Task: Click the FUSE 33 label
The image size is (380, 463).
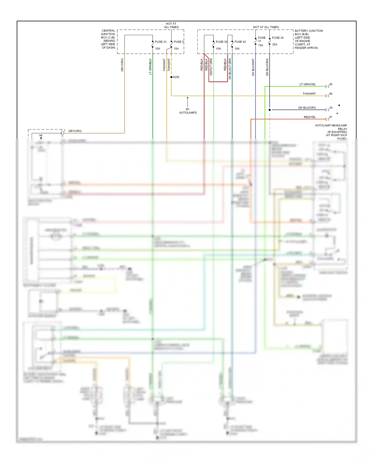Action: [x=161, y=42]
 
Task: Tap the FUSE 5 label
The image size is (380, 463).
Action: [x=178, y=42]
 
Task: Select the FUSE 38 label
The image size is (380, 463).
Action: [x=221, y=42]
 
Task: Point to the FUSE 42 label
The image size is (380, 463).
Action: [x=240, y=42]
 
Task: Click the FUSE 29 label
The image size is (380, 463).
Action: [x=278, y=38]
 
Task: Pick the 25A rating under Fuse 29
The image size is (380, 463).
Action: [x=275, y=44]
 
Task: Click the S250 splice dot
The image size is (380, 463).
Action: [x=172, y=77]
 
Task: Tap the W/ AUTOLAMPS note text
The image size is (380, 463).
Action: [x=188, y=111]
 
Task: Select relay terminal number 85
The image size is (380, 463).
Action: [x=331, y=84]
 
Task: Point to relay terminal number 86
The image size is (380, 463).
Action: [x=331, y=94]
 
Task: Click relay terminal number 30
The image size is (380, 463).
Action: [x=331, y=108]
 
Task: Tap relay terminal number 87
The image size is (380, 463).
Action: [x=331, y=117]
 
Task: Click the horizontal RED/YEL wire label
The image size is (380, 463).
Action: [x=310, y=117]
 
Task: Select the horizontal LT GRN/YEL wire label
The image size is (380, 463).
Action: [x=308, y=84]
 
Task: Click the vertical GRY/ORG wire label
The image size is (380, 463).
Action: [x=122, y=65]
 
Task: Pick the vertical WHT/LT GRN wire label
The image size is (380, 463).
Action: [x=211, y=67]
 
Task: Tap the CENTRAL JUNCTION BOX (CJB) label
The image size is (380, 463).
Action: [x=108, y=39]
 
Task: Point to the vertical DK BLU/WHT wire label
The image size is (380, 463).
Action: [x=253, y=67]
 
